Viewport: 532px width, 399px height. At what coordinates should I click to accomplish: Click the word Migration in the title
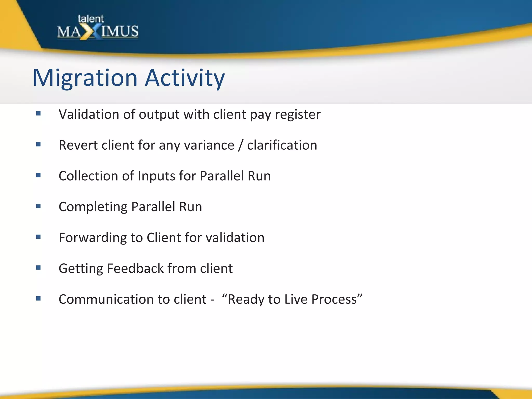pyautogui.click(x=85, y=78)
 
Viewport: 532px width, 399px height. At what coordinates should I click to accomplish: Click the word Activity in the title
pyautogui.click(x=185, y=78)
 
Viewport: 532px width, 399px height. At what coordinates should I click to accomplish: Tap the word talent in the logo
pyautogui.click(x=90, y=19)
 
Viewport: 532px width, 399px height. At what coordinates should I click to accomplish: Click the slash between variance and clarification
pyautogui.click(x=241, y=145)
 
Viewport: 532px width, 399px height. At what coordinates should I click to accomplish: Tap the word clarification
pyautogui.click(x=282, y=145)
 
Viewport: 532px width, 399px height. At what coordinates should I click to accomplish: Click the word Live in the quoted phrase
pyautogui.click(x=296, y=299)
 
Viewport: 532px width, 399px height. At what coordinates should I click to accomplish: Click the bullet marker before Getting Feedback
pyautogui.click(x=38, y=268)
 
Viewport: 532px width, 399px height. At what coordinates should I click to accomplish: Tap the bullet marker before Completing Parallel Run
pyautogui.click(x=38, y=206)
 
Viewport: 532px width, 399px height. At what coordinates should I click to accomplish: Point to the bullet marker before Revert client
pyautogui.click(x=38, y=144)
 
